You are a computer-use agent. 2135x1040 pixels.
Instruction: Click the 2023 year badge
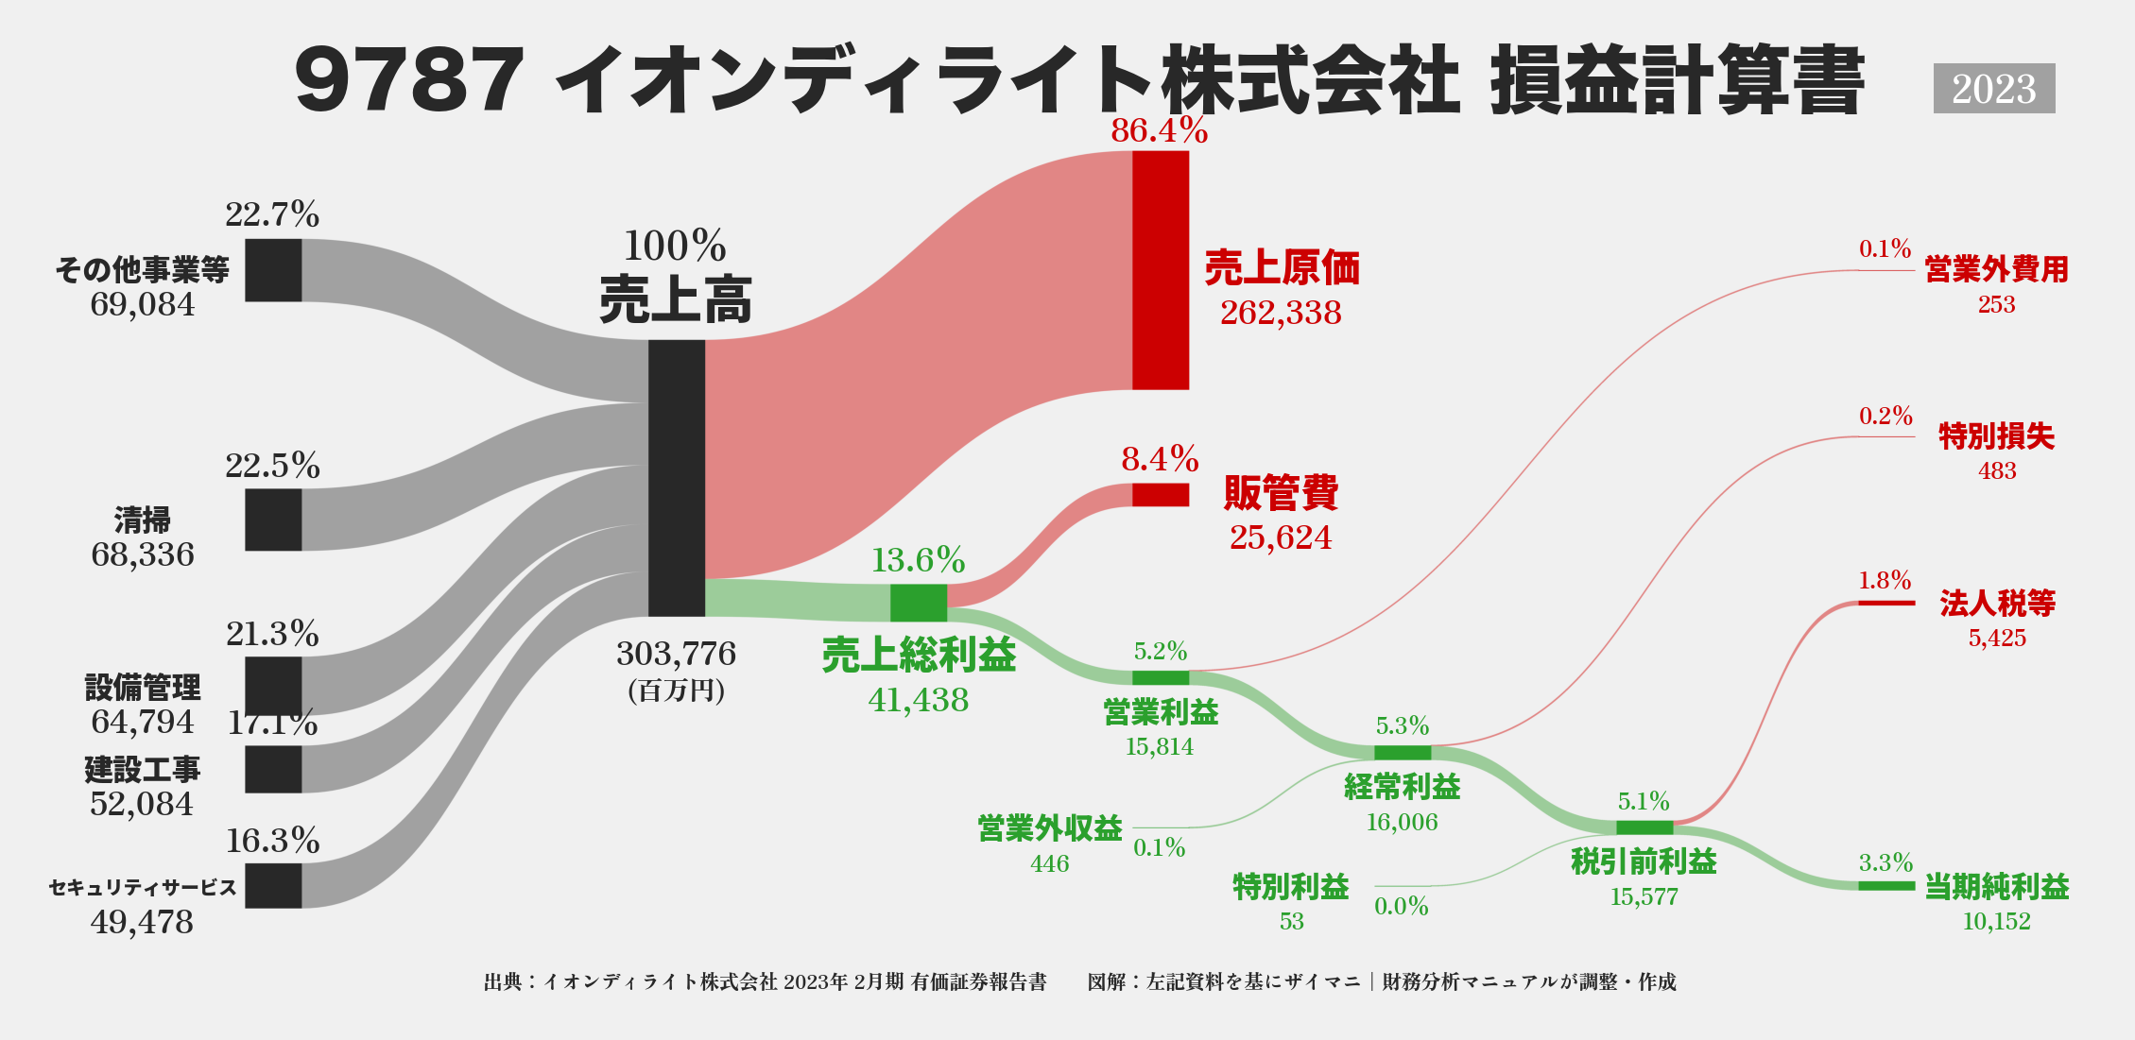(x=1993, y=89)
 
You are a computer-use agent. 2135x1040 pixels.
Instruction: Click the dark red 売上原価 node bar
(x=1161, y=270)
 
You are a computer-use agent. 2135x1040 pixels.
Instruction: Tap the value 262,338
(x=1281, y=313)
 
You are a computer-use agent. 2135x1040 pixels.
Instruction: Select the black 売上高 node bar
(x=677, y=478)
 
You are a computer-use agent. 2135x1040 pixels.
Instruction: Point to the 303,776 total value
(x=676, y=654)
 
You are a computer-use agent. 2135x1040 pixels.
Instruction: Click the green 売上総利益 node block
(x=919, y=603)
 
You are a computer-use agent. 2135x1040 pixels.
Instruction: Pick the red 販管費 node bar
(x=1161, y=495)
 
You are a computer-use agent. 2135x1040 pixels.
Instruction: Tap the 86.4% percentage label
(x=1160, y=130)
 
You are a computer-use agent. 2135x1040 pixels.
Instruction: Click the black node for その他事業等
(x=273, y=270)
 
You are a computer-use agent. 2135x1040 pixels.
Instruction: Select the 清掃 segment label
(x=143, y=520)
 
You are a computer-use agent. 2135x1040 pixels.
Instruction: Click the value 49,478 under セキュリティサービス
(x=142, y=922)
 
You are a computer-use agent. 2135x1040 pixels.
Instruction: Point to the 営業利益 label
(x=1161, y=712)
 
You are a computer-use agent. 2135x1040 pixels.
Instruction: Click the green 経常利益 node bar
(x=1403, y=753)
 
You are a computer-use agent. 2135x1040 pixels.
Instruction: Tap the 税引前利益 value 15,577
(x=1644, y=897)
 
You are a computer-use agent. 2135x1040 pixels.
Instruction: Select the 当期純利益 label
(x=1997, y=887)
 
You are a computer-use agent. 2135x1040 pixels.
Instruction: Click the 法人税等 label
(x=1997, y=603)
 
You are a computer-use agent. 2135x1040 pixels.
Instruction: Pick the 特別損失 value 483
(x=1997, y=470)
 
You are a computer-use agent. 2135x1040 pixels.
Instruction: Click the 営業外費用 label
(x=1997, y=270)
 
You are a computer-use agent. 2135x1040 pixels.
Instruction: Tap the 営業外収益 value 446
(x=1050, y=863)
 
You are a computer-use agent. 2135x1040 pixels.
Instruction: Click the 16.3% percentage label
(x=273, y=841)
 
